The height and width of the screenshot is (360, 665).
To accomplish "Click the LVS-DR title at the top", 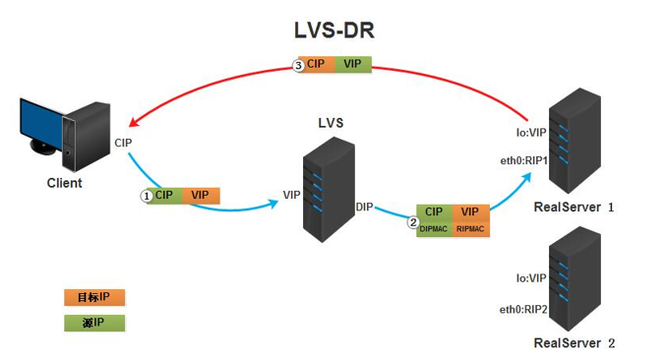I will click(x=332, y=30).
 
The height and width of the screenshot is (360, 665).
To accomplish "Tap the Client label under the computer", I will click(x=65, y=183).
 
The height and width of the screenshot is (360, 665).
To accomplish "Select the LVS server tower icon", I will click(x=327, y=187).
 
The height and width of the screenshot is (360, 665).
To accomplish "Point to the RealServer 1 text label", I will click(x=574, y=208).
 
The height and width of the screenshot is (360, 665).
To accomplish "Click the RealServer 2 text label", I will click(x=574, y=342).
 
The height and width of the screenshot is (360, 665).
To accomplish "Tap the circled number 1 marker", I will click(x=148, y=196).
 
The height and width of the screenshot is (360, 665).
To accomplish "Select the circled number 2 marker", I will click(x=413, y=221).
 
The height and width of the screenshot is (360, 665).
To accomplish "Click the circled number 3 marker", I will click(x=299, y=65).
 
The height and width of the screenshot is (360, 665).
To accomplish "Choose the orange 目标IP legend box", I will click(x=94, y=296).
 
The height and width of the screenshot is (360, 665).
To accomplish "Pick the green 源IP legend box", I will click(x=94, y=322).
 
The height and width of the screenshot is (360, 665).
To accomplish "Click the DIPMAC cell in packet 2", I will click(x=434, y=228).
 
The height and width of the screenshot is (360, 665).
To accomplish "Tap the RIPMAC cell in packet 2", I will click(x=470, y=228).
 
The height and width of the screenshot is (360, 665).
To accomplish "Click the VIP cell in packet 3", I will click(x=351, y=64).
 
